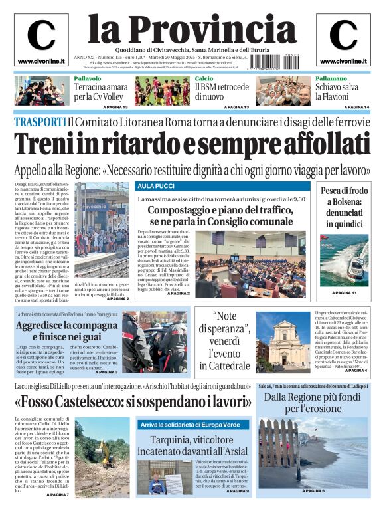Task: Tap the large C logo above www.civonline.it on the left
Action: [41, 36]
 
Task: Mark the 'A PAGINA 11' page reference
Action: [345, 293]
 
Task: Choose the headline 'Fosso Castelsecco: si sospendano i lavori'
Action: [133, 402]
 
